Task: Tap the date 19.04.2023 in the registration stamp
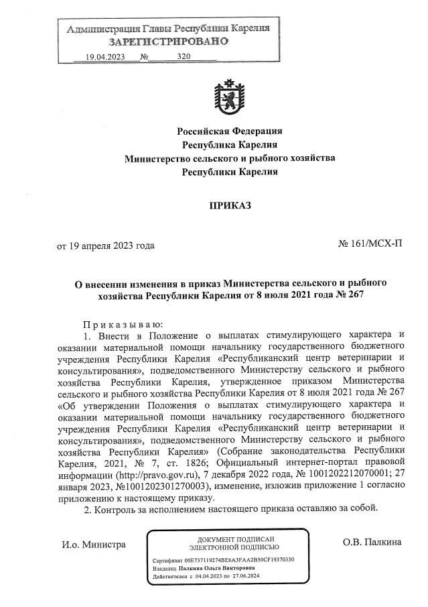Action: click(x=106, y=57)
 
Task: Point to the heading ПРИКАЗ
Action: click(x=230, y=205)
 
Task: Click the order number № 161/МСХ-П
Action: click(x=370, y=245)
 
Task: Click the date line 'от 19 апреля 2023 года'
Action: click(x=106, y=245)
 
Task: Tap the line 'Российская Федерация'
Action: click(x=230, y=130)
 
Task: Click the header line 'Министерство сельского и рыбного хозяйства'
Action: click(x=230, y=158)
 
